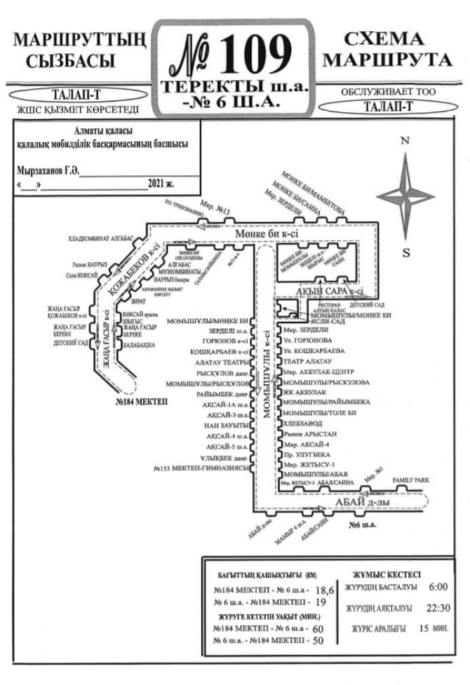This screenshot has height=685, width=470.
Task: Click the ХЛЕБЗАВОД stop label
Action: pyautogui.click(x=304, y=423)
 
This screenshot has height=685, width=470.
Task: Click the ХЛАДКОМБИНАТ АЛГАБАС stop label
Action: pyautogui.click(x=102, y=238)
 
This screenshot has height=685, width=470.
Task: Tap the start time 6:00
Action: pyautogui.click(x=438, y=587)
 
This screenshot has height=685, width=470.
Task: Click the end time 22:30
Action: pyautogui.click(x=438, y=608)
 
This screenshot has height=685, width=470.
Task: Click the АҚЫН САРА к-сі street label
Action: pyautogui.click(x=331, y=290)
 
